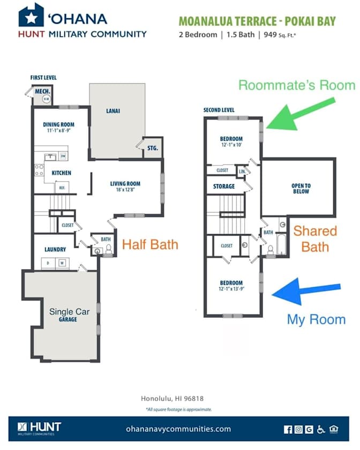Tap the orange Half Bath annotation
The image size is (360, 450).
(150, 244)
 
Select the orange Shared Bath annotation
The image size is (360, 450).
(315, 239)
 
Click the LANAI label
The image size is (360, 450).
(113, 111)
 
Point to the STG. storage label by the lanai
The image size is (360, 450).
(153, 148)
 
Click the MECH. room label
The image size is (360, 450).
(42, 91)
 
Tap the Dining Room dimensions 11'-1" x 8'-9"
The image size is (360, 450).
(58, 130)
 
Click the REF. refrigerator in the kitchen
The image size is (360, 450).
(62, 187)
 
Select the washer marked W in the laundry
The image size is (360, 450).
(62, 263)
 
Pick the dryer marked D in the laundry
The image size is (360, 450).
(48, 263)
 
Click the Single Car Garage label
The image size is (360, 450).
(69, 315)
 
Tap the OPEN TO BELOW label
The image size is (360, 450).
(301, 189)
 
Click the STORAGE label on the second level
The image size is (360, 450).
(224, 186)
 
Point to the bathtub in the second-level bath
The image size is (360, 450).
(281, 244)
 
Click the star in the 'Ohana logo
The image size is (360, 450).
(31, 18)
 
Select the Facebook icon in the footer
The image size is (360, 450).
(288, 429)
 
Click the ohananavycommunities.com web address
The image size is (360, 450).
(178, 429)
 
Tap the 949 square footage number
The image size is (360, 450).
(270, 34)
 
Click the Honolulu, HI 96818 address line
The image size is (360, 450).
(172, 399)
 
